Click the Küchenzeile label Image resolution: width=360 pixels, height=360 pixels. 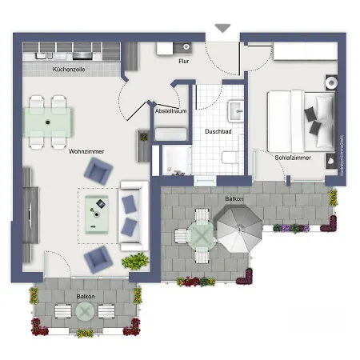(69, 70)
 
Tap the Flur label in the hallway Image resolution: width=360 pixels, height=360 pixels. (183, 61)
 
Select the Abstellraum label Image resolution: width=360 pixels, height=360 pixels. (171, 111)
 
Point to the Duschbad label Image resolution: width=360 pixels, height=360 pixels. (218, 131)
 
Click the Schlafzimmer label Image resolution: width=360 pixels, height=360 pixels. (293, 158)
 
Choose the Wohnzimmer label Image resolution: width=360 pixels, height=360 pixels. (87, 151)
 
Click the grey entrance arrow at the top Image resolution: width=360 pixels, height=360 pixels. (222, 30)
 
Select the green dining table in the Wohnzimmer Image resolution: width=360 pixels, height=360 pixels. (48, 121)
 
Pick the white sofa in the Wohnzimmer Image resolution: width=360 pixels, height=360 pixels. (130, 212)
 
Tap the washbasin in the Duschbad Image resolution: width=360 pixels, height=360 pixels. (237, 109)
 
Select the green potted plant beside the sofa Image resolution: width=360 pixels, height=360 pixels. (134, 262)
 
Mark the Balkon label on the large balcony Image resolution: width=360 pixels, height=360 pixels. (234, 198)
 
